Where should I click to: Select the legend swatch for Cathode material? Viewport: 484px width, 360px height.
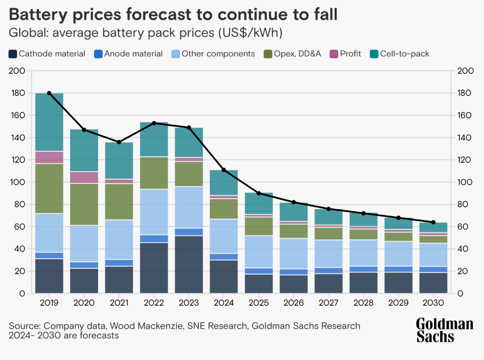point(13,54)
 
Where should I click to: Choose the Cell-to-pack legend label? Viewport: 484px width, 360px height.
point(405,54)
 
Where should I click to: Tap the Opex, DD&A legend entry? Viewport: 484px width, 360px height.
point(297,54)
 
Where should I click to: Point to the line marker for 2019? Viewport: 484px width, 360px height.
point(49,93)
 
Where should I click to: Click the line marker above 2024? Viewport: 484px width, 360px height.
point(224,170)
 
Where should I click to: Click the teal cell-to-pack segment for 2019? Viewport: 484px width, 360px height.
point(49,122)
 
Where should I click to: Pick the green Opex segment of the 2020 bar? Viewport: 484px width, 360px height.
point(84,204)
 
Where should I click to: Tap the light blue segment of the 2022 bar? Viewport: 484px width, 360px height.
point(154,212)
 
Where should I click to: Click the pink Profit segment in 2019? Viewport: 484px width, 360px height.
point(49,157)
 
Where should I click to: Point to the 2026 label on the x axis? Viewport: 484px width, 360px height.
point(294,303)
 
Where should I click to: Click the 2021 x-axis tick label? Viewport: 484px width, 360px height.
point(119,303)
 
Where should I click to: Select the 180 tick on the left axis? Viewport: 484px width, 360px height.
point(19,93)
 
